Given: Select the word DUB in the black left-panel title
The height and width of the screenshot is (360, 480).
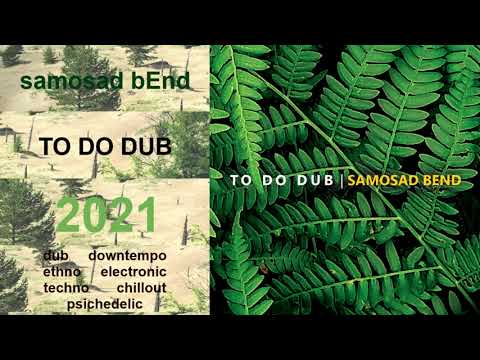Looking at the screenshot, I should (x=143, y=146).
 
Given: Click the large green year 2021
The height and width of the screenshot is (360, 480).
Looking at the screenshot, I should (x=105, y=216).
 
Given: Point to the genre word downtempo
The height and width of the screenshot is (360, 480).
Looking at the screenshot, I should (x=128, y=257).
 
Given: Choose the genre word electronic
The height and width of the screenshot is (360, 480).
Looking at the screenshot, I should (x=134, y=272).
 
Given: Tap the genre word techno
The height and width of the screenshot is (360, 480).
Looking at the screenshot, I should (x=67, y=287).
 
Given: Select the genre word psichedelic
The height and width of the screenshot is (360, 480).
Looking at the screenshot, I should (x=104, y=302).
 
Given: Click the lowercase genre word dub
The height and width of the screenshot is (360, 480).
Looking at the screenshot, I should (x=56, y=257).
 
